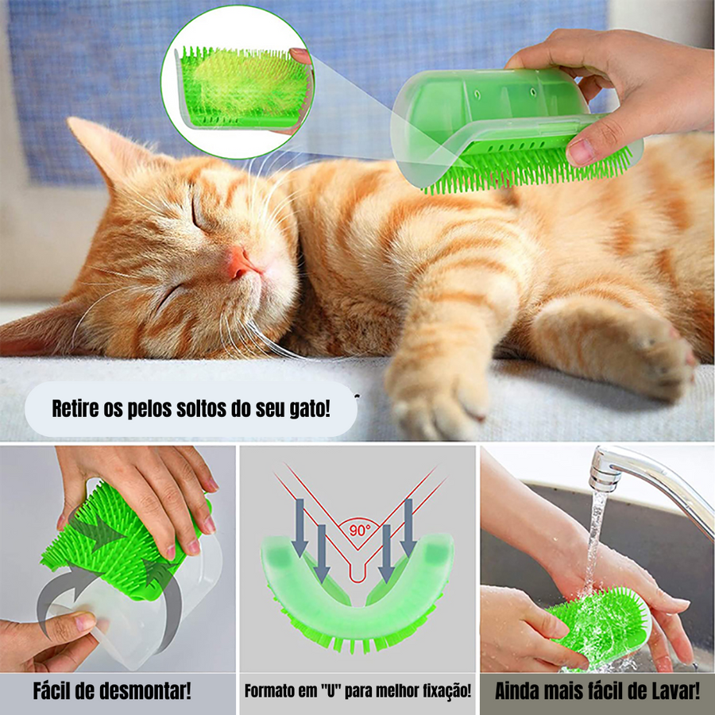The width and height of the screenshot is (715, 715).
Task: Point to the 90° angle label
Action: [360, 530]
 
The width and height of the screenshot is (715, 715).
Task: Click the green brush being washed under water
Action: [602, 627]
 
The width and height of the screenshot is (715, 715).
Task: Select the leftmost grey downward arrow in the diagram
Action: [300, 528]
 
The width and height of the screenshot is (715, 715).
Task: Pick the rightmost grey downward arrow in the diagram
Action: [408, 528]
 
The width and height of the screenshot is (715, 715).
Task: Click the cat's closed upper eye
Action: [199, 214]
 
